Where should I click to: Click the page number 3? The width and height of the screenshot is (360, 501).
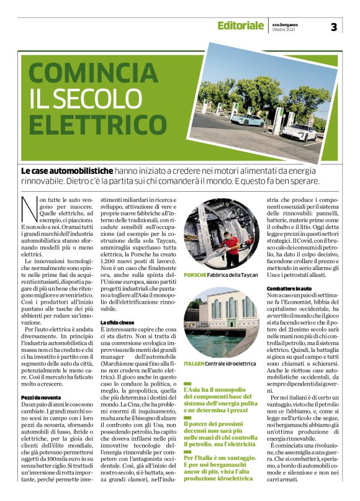[333, 27]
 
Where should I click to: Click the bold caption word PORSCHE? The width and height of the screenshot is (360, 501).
[197, 274]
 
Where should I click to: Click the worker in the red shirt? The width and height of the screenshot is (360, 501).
[232, 243]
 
